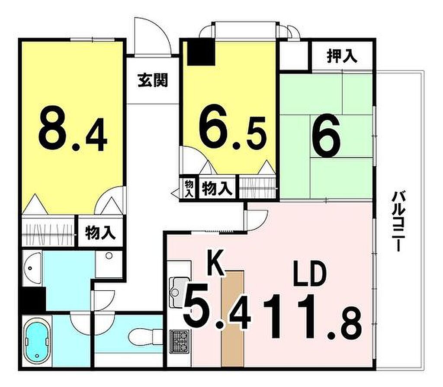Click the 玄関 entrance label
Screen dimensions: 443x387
click(153, 80)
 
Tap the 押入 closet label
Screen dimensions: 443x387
click(342, 56)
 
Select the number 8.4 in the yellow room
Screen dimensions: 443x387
click(73, 129)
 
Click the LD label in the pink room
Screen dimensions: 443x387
click(310, 273)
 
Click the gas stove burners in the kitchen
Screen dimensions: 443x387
click(179, 342)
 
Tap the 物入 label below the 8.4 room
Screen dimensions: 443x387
click(100, 233)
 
